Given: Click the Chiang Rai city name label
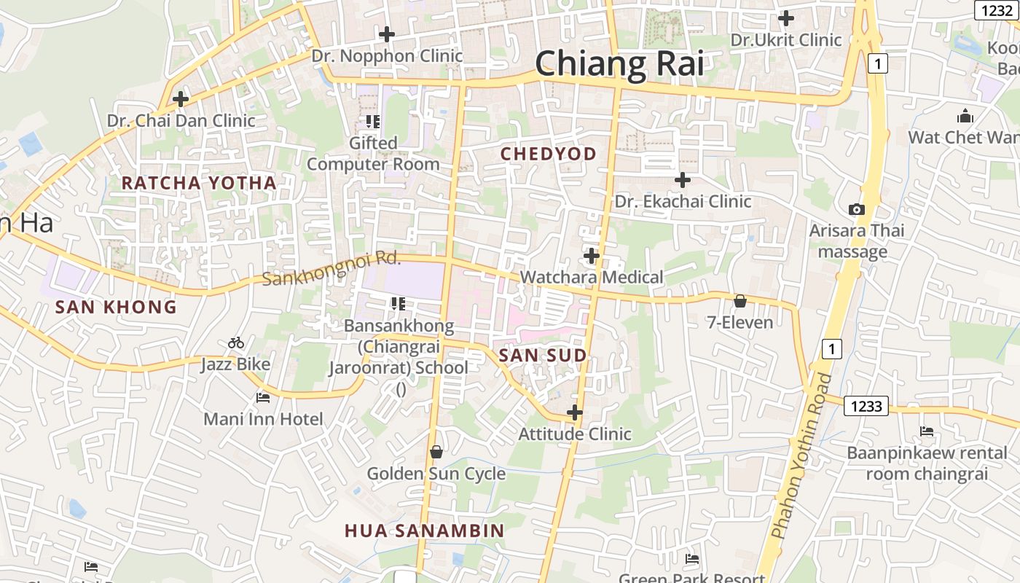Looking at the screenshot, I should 619,64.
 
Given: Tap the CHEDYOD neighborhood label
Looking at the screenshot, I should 549,154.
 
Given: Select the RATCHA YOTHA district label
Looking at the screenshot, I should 199,183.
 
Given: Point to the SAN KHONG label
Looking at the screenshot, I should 117,307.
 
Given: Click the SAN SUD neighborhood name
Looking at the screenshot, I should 543,356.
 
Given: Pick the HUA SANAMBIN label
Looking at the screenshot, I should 425,531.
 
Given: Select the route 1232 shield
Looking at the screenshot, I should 995,9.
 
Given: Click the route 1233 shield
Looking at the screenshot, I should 866,406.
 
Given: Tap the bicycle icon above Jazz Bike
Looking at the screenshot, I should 236,343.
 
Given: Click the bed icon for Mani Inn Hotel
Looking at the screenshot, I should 263,398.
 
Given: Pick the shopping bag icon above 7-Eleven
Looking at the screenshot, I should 740,301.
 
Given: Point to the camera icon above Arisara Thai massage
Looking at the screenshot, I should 857,210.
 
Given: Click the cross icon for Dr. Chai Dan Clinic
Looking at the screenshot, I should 181,99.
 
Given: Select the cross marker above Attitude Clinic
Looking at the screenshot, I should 575,412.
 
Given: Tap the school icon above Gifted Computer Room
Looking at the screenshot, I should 373,121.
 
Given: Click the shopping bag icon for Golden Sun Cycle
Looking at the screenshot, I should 436,453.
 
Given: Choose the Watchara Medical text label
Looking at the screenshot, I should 592,277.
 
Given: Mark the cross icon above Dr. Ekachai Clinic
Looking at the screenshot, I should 683,179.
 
